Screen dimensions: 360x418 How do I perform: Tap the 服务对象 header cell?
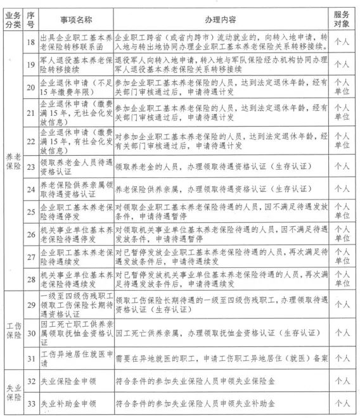click(342, 15)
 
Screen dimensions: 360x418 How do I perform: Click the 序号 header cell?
click(29, 15)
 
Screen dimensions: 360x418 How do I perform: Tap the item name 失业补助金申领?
click(67, 402)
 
